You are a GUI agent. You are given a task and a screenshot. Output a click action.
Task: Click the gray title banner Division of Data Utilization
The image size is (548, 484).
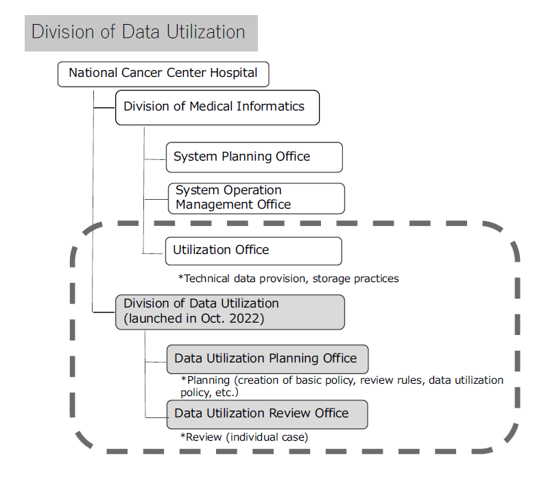(141, 33)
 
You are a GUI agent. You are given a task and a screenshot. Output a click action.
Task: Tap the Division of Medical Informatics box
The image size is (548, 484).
(217, 108)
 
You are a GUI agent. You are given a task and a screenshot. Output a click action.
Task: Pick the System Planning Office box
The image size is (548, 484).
(254, 157)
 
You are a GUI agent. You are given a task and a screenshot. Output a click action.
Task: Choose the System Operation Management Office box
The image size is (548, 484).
(256, 198)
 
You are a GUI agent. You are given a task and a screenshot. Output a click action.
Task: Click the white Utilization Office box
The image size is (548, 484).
(253, 251)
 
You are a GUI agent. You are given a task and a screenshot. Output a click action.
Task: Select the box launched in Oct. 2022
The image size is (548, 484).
(229, 312)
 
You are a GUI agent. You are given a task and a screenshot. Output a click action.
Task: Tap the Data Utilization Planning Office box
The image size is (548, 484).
(267, 359)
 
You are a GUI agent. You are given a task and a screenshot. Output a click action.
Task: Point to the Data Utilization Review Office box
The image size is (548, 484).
(267, 414)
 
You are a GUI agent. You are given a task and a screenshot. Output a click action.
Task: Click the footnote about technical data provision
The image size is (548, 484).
(288, 279)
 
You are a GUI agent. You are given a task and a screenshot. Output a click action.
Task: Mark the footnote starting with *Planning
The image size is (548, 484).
(342, 386)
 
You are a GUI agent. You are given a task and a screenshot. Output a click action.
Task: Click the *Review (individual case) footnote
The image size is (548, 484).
(244, 437)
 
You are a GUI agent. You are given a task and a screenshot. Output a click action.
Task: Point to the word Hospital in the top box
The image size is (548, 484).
(234, 73)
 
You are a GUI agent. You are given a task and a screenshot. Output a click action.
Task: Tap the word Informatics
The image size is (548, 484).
(270, 107)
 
